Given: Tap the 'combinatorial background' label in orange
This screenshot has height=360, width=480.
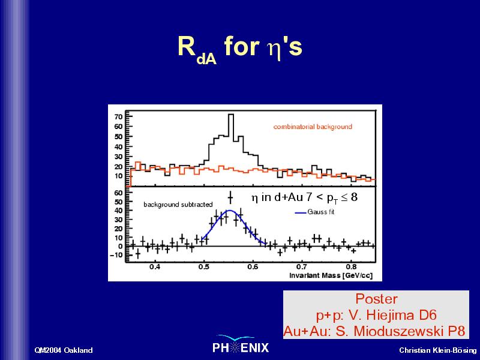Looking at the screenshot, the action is tap(313, 127).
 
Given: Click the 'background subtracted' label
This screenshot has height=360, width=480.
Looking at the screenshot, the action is tap(178, 204).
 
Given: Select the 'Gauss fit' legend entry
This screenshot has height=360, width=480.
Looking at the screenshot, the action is tap(315, 212).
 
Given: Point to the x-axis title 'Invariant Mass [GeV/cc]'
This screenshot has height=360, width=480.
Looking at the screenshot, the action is tap(331, 275).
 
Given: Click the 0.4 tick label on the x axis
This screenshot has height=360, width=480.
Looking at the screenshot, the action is tap(155, 266).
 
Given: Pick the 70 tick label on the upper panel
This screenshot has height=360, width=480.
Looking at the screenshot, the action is tap(118, 116).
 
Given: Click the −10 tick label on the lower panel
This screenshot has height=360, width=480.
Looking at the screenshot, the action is tap(116, 255).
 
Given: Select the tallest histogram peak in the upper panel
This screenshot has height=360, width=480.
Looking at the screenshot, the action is tap(231, 115).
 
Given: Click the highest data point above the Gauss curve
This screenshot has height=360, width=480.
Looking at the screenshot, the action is tap(230, 198).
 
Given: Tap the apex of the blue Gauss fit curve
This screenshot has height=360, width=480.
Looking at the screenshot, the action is tap(230, 211).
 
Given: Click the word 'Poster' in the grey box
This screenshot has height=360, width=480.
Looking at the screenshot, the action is tap(376, 299).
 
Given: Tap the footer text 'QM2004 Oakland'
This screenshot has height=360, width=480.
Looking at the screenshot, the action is tap(64, 350).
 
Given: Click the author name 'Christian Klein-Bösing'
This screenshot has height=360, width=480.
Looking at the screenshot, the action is tap(438, 350).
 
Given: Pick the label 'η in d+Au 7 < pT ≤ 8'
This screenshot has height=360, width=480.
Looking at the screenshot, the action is tap(304, 197).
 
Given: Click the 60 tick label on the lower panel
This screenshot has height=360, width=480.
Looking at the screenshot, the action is tap(118, 193).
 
